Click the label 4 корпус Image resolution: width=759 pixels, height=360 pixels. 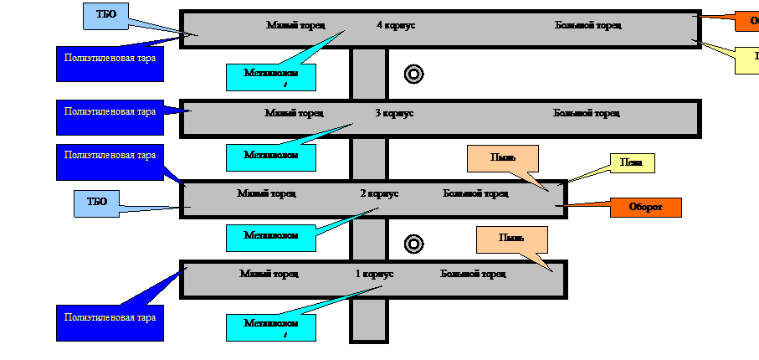(x=396, y=25)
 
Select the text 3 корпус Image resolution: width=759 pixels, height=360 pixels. (x=394, y=113)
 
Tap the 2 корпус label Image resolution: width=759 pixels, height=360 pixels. (x=379, y=193)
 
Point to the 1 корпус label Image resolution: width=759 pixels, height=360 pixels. (x=374, y=274)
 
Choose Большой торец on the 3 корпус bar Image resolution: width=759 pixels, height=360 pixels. (x=587, y=113)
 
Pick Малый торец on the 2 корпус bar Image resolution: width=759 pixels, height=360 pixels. (x=265, y=193)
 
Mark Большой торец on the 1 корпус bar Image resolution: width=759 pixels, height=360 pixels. (x=473, y=274)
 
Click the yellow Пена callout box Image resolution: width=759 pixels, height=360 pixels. (x=632, y=163)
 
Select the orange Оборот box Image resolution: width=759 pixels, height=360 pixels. (x=645, y=208)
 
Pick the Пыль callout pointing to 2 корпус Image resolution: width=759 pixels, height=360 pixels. (x=502, y=158)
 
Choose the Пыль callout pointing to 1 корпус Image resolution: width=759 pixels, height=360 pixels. (x=511, y=239)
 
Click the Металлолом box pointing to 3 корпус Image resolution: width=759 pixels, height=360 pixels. (x=270, y=157)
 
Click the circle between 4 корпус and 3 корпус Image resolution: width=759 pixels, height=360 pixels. (x=413, y=75)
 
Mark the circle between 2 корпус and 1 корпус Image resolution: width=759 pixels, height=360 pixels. (x=413, y=244)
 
